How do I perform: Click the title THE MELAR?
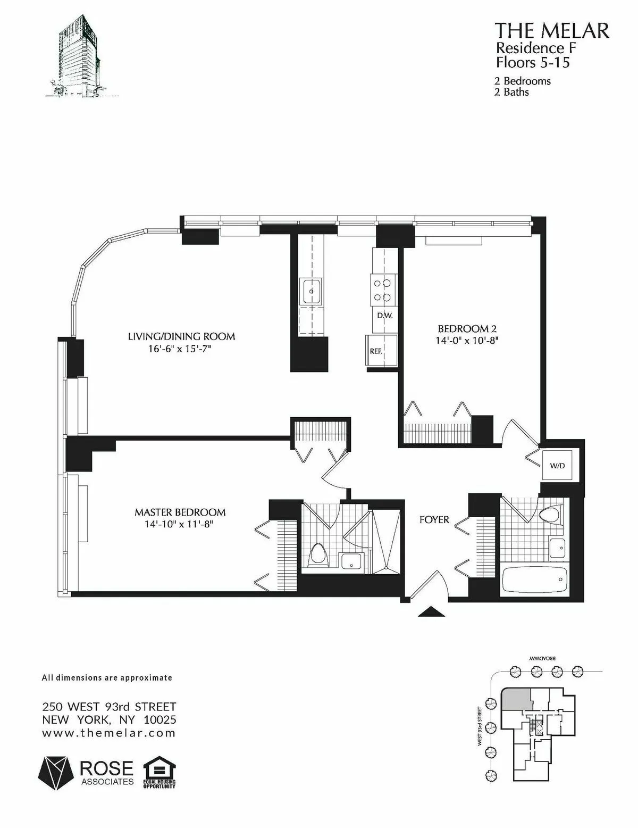(552, 30)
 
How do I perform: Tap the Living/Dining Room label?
(181, 336)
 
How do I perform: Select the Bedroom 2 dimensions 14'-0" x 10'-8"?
(467, 341)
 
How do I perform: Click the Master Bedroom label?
(180, 512)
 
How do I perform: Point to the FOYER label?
(434, 519)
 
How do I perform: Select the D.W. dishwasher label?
(384, 315)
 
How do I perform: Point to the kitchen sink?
(311, 291)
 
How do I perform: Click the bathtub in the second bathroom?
(534, 579)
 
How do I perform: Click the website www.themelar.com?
(108, 733)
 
